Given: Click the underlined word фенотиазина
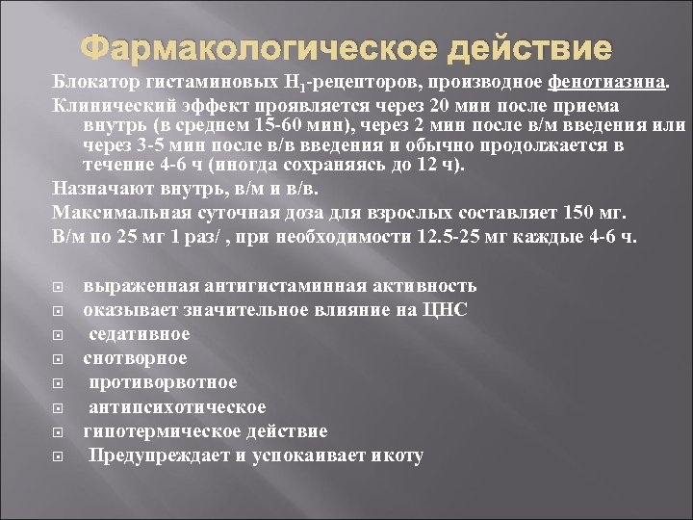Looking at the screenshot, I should (x=606, y=83).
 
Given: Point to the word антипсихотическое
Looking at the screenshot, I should (x=177, y=407).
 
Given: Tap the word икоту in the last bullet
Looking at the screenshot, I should (x=397, y=455).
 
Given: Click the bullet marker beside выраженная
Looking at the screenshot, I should (x=58, y=287).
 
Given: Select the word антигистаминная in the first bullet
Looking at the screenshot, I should (x=285, y=286).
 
